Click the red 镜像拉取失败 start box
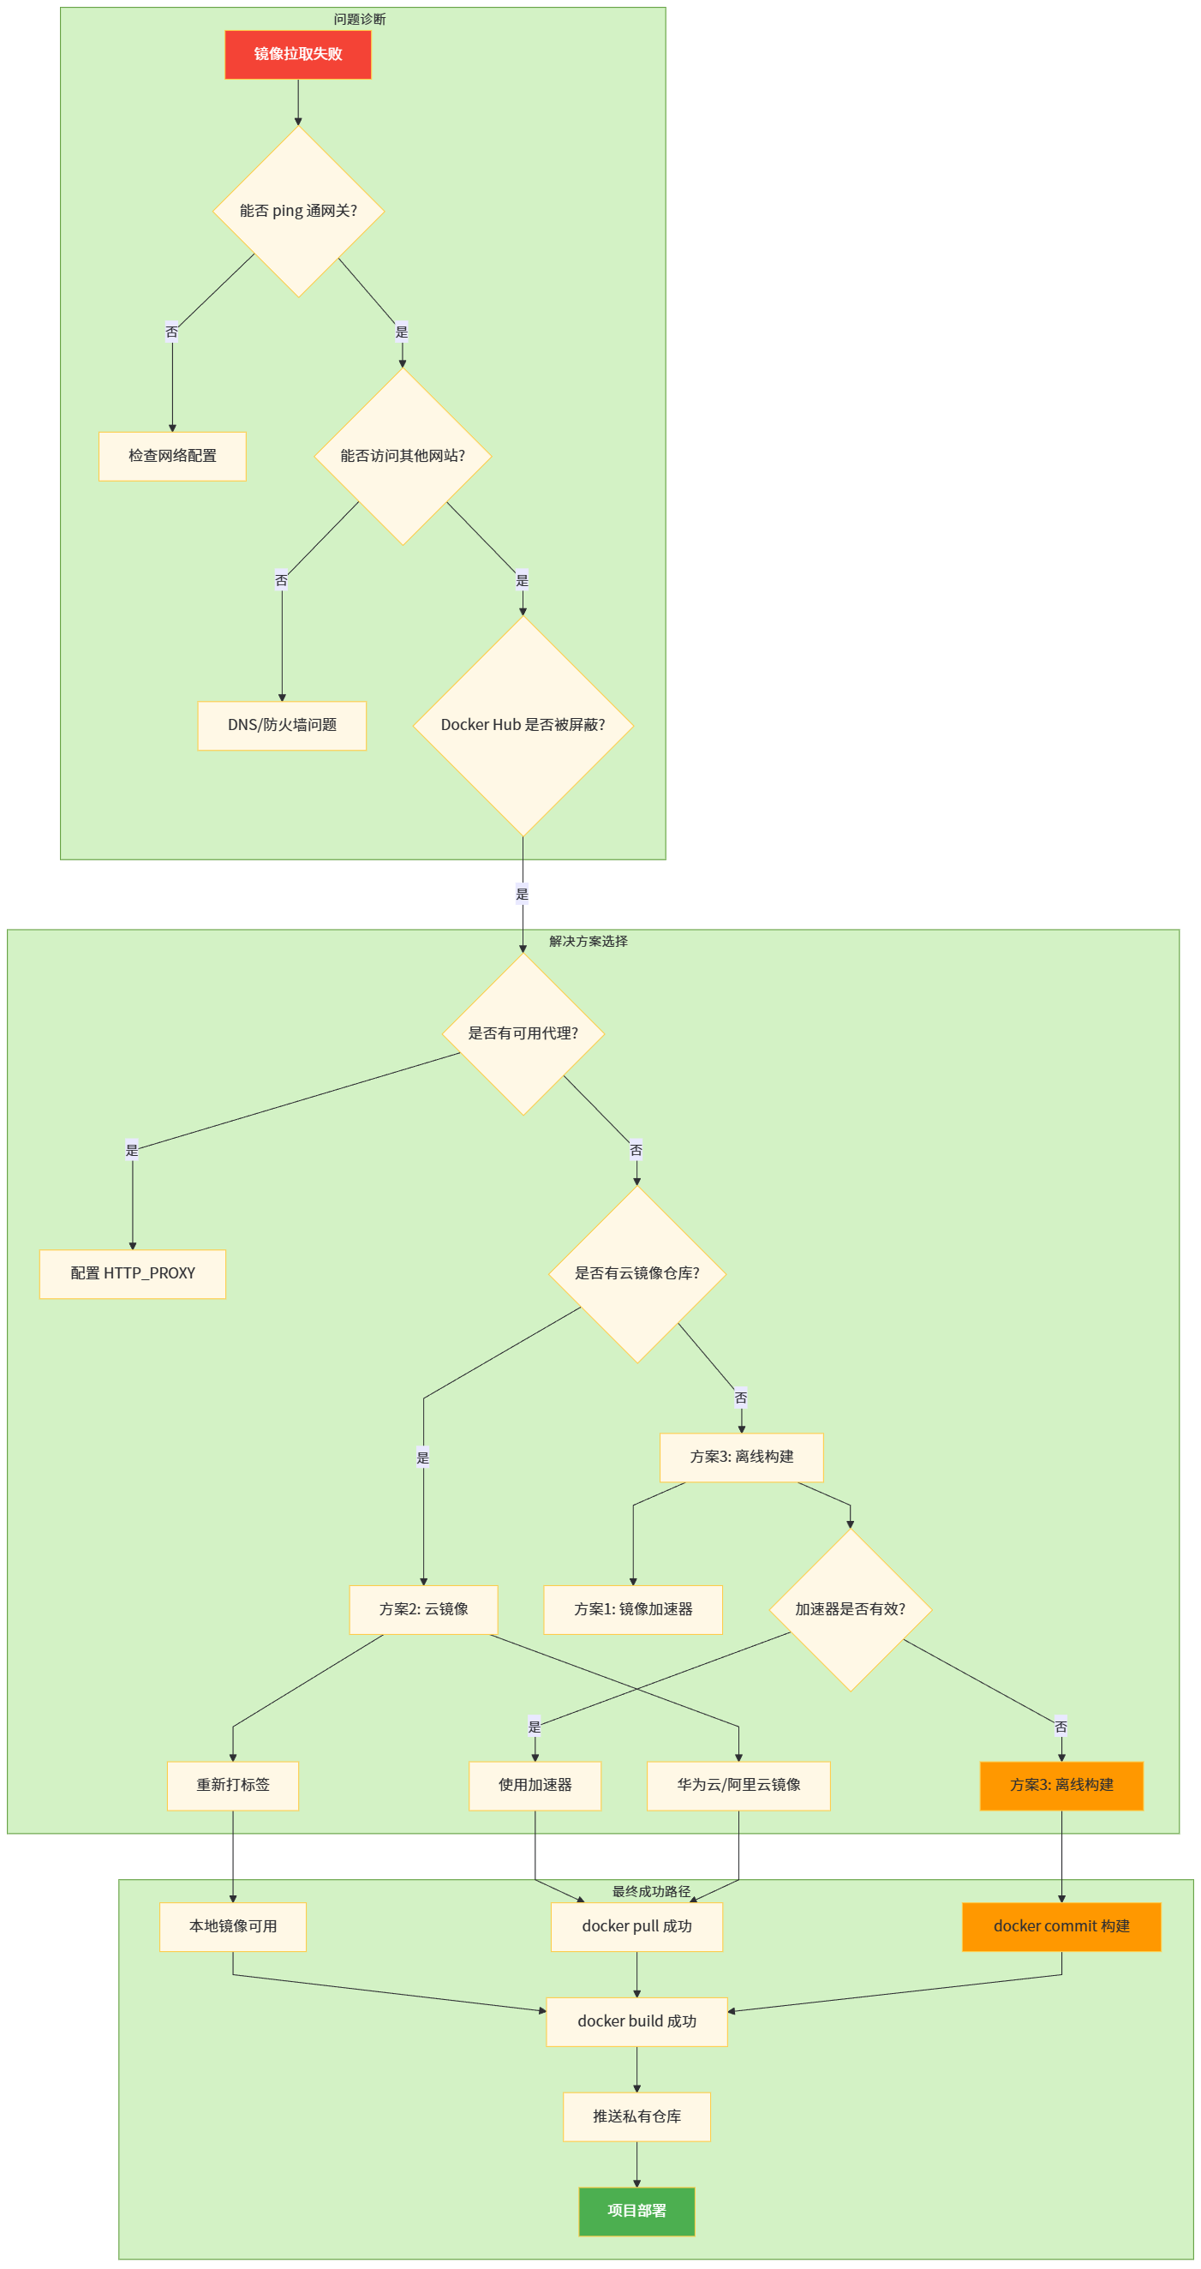(297, 55)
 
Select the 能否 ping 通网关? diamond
(298, 212)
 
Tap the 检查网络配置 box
(172, 456)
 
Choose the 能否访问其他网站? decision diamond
(403, 456)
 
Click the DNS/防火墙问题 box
(282, 726)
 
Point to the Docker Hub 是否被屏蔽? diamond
(523, 726)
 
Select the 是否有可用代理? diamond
(523, 1034)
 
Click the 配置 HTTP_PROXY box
(133, 1273)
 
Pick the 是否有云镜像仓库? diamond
(636, 1273)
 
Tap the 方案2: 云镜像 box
(423, 1609)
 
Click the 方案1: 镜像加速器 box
(633, 1609)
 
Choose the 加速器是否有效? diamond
(850, 1609)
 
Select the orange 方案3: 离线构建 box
(1061, 1786)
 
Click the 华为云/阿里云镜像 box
(738, 1786)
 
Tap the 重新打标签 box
(233, 1786)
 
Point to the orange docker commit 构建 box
(1061, 1926)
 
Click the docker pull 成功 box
(636, 1926)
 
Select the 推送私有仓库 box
(636, 2116)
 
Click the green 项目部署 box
(636, 2211)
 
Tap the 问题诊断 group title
(359, 20)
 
